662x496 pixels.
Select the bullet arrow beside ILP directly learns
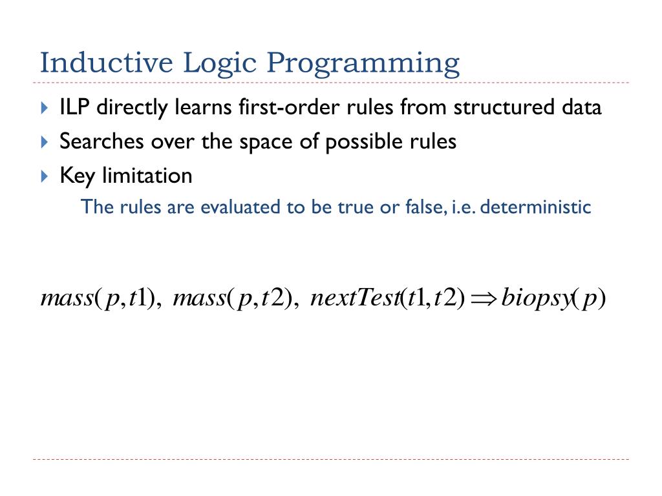coord(44,108)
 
